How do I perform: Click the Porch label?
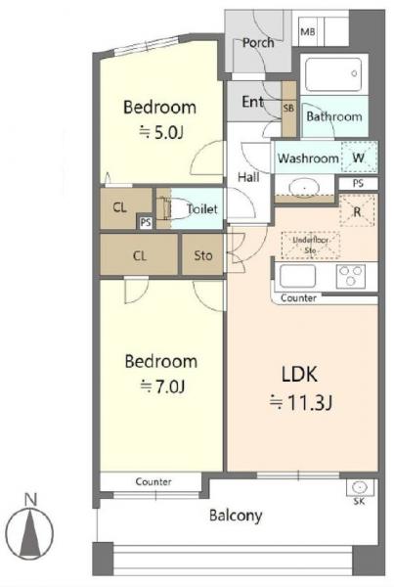coord(258,43)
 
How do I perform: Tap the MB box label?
coord(308,32)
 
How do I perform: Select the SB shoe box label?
coord(288,109)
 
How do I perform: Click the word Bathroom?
coord(334,116)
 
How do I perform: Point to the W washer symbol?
coord(359,158)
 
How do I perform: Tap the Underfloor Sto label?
coord(310,245)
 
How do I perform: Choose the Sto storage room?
coord(202,255)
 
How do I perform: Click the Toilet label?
coord(202,208)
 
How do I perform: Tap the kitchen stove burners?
coord(351,276)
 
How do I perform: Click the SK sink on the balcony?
coord(359,487)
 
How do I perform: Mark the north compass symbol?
coord(30,531)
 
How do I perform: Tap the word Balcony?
coord(236,516)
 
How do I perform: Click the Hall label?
coord(248,177)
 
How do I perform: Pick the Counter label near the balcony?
coord(153,481)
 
